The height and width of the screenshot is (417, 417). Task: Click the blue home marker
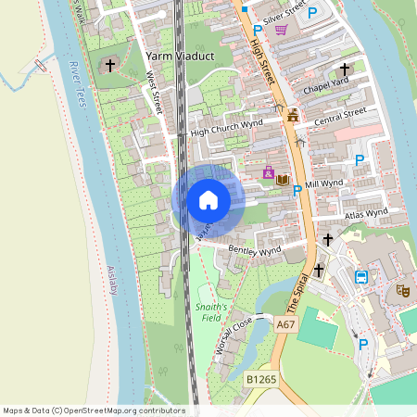pyautogui.click(x=208, y=199)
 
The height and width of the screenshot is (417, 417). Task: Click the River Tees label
pyautogui.click(x=76, y=83)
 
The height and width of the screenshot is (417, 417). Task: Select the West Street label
pyautogui.click(x=156, y=96)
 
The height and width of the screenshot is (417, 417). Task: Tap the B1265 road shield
pyautogui.click(x=261, y=380)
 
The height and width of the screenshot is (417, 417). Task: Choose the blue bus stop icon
pyautogui.click(x=361, y=276)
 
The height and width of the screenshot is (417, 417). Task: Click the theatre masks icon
pyautogui.click(x=403, y=290)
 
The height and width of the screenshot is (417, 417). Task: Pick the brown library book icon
pyautogui.click(x=283, y=179)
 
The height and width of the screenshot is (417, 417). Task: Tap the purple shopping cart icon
pyautogui.click(x=281, y=29)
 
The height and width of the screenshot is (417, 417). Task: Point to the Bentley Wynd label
pyautogui.click(x=254, y=251)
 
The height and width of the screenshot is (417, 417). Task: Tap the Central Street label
pyautogui.click(x=340, y=118)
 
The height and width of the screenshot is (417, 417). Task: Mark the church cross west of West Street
pyautogui.click(x=111, y=66)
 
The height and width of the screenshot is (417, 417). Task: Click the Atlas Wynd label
pyautogui.click(x=365, y=214)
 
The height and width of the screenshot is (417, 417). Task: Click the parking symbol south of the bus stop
pyautogui.click(x=363, y=344)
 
